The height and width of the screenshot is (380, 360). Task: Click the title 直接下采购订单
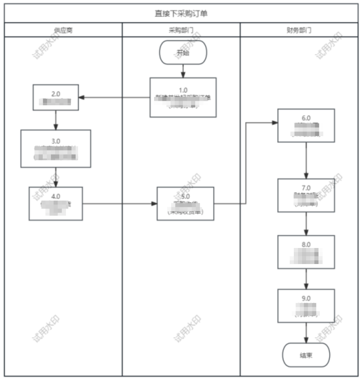181,14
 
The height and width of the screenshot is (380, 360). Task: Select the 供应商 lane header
63,30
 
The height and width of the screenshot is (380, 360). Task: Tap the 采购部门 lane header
181,30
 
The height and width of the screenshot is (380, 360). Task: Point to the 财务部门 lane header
299,30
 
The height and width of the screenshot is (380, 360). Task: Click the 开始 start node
183,52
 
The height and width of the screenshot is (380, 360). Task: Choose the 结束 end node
306,355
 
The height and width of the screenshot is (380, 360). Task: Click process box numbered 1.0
183,97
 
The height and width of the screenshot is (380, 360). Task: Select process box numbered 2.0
55,97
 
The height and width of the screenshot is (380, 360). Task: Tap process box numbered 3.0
55,148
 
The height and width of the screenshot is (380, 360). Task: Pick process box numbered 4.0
55,204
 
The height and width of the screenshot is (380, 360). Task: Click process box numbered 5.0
185,204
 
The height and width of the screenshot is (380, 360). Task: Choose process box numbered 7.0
306,195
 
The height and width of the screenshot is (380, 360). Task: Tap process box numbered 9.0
306,306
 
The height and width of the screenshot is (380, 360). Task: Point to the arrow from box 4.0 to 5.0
120,204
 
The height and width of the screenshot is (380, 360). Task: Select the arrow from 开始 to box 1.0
183,71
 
